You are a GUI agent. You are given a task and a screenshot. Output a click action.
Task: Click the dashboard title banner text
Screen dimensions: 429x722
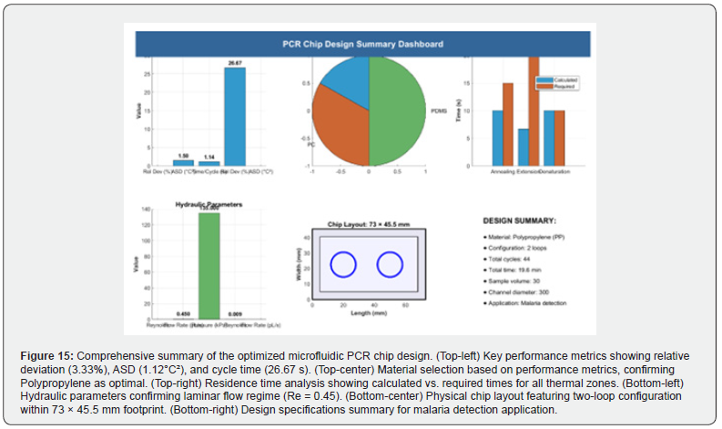click(x=362, y=44)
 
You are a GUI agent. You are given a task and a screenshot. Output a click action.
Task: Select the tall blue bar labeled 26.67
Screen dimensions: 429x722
click(x=235, y=118)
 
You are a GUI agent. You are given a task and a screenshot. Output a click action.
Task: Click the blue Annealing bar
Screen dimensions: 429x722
click(x=497, y=138)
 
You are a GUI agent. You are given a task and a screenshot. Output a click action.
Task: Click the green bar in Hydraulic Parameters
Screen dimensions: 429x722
click(x=209, y=264)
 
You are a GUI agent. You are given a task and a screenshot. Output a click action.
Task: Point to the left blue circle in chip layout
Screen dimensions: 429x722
click(x=343, y=265)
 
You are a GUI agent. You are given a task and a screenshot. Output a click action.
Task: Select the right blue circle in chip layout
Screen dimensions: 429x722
click(x=390, y=265)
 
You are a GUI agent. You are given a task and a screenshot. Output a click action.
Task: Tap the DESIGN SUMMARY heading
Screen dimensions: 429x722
click(x=520, y=220)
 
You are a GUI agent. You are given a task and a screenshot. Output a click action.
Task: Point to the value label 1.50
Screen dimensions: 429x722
click(x=183, y=156)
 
